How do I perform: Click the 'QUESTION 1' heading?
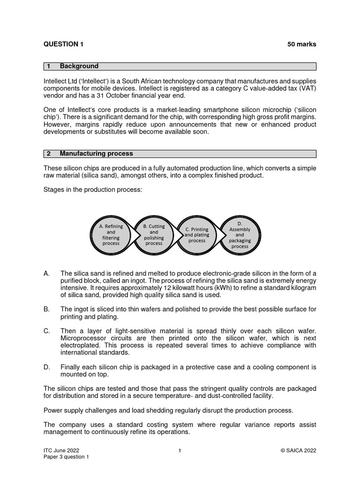(63, 44)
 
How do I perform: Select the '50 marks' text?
(301, 44)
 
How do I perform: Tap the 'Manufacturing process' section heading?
(103, 153)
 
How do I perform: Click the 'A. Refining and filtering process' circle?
(111, 234)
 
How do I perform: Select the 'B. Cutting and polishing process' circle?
(154, 234)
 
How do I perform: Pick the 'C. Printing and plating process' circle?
(197, 234)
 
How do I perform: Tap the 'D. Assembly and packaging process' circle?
(240, 234)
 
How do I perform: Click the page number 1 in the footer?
(180, 450)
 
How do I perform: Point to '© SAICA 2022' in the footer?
(298, 450)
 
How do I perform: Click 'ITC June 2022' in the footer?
(58, 450)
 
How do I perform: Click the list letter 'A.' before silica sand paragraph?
(47, 274)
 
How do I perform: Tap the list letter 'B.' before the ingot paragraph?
(47, 309)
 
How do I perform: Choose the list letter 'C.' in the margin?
(47, 331)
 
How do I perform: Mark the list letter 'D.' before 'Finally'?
(47, 367)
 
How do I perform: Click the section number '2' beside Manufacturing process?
(48, 153)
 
